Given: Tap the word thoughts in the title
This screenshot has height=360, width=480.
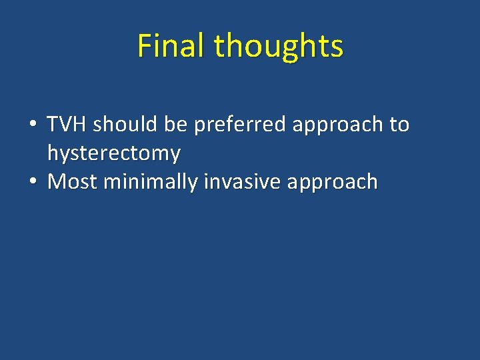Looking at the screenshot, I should [x=279, y=46].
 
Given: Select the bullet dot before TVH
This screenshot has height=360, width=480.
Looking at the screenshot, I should [x=32, y=125].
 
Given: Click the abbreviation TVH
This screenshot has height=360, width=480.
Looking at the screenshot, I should [x=68, y=124].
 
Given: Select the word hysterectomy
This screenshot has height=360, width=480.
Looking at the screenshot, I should [x=114, y=154].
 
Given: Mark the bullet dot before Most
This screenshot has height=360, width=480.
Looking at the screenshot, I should [x=32, y=182].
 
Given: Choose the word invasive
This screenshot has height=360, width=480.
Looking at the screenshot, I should [x=233, y=181].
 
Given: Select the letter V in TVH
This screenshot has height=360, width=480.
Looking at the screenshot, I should [x=68, y=124].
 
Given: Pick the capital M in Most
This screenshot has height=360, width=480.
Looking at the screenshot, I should [x=57, y=181].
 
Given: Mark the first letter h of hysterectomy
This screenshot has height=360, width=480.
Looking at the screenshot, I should [x=52, y=153].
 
